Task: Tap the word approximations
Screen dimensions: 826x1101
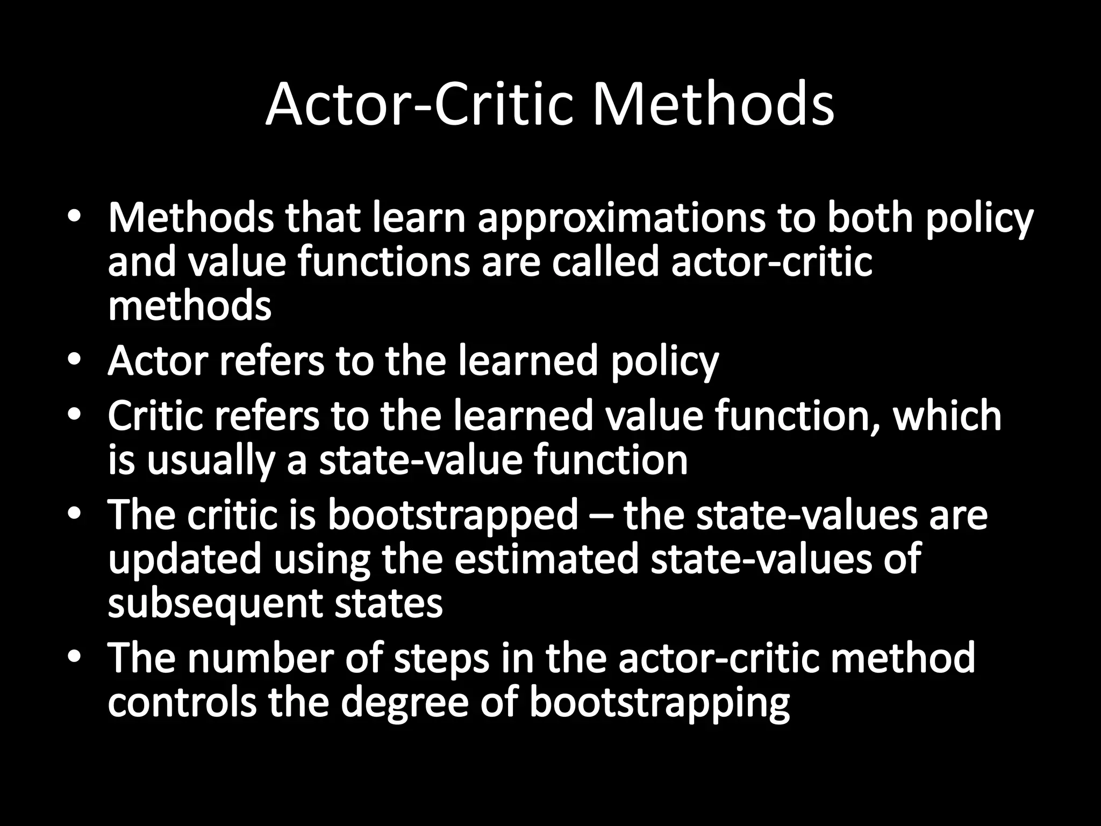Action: [x=621, y=219]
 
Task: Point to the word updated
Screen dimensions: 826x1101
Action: [x=185, y=559]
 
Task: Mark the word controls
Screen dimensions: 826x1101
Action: [x=182, y=702]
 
